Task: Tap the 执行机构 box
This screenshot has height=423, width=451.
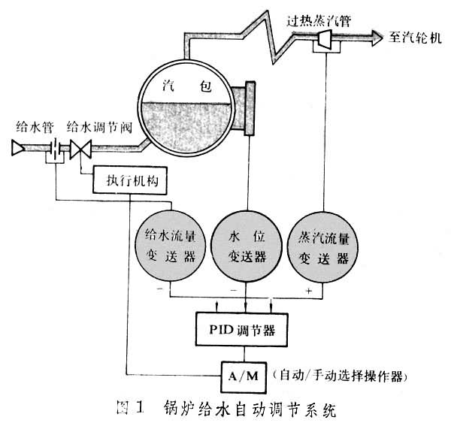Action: (130, 180)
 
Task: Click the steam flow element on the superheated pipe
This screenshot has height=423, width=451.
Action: (325, 39)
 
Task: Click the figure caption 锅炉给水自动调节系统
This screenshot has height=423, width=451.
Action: (249, 409)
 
